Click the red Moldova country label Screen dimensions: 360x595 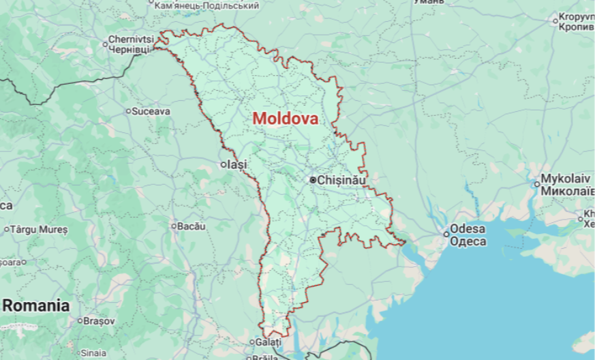(285, 118)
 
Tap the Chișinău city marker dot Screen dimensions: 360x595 (313, 180)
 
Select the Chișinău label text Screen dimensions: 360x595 (342, 180)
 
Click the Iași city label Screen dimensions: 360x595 (238, 164)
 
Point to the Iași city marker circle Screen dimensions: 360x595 (224, 164)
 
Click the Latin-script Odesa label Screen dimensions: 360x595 (468, 228)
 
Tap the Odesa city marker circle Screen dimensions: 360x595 (446, 234)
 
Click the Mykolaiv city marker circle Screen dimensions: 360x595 (536, 183)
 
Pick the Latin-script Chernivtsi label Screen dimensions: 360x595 (131, 40)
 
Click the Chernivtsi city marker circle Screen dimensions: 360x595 (106, 44)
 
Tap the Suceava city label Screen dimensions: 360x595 (151, 110)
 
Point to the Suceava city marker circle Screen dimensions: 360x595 (128, 110)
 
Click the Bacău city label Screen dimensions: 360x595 (192, 226)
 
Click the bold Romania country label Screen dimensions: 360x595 (35, 305)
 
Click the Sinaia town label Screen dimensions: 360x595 (93, 353)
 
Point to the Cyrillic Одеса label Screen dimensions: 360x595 (468, 241)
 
